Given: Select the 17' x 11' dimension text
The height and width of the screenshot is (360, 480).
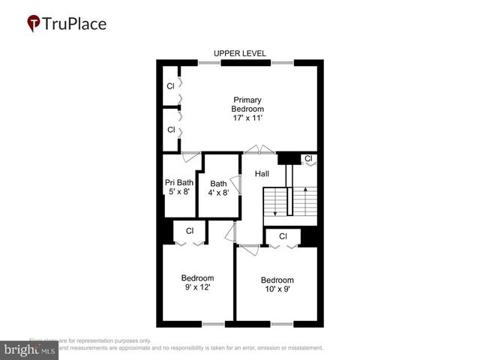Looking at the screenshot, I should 247,118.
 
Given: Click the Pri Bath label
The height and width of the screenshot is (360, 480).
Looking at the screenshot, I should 179,182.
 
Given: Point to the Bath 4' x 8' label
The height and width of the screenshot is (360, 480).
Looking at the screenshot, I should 218,187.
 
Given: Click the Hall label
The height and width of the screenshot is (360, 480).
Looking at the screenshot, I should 262,173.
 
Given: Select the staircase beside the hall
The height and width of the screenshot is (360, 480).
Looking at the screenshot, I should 289,201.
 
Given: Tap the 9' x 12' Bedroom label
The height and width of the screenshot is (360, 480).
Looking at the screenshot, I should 198,282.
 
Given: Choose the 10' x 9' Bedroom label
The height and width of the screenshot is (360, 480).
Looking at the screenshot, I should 277,284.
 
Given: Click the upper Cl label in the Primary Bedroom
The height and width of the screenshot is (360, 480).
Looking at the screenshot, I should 171,86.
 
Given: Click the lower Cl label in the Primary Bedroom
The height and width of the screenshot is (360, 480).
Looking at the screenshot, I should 171,130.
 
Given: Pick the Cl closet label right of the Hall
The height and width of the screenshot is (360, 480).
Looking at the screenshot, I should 307,158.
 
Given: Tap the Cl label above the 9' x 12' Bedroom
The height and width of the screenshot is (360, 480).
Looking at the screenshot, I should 190,231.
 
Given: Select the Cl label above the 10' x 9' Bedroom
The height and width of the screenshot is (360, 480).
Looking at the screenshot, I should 283,236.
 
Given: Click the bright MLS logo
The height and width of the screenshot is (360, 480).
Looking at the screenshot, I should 29,349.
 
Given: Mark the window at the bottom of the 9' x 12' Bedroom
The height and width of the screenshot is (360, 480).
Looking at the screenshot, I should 213,324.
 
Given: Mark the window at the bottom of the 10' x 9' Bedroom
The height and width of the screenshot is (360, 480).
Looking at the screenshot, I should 281,324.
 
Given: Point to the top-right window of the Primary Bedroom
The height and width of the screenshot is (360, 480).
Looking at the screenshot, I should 282,62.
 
